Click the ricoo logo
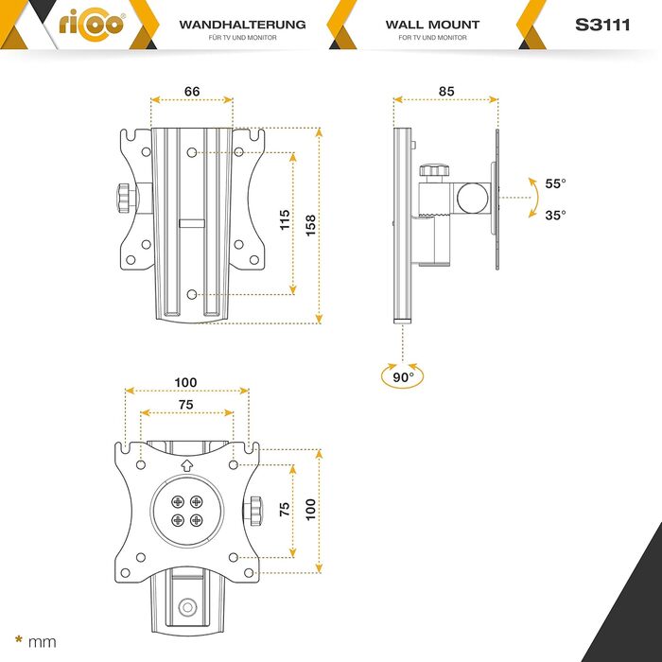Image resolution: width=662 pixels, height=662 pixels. [x=92, y=25]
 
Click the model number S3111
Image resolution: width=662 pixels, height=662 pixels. [x=602, y=25]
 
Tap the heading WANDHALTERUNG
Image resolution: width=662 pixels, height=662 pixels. [x=242, y=25]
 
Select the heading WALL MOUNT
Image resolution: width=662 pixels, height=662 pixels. [x=432, y=25]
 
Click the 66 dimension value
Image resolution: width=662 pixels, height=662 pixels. [x=192, y=91]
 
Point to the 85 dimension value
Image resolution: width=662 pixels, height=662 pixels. [x=446, y=91]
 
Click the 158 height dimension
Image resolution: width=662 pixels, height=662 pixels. [x=310, y=225]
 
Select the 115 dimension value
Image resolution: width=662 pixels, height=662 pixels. [x=285, y=219]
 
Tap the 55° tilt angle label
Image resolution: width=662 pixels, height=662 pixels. [x=555, y=183]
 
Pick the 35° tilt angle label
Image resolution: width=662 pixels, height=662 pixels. [x=555, y=215]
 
